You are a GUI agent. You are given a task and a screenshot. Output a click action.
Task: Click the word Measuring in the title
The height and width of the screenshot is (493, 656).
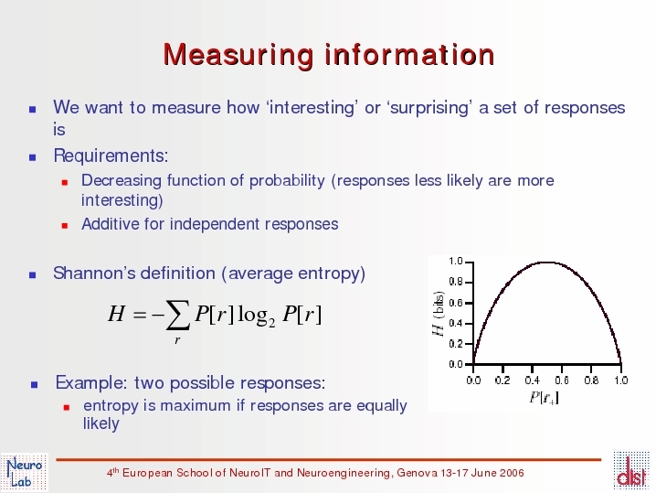click(238, 55)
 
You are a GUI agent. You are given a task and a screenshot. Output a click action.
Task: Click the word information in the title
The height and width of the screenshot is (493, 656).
click(410, 55)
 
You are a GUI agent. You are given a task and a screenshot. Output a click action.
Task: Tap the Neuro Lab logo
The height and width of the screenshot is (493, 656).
click(25, 472)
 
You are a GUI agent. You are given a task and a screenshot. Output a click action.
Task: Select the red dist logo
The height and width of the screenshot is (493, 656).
click(631, 470)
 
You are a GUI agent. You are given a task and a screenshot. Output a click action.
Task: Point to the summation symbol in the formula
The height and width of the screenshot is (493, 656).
click(177, 316)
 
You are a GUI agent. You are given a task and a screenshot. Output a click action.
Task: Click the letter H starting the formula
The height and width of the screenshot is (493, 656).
click(116, 314)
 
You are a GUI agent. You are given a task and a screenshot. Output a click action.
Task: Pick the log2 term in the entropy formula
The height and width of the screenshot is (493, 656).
click(256, 316)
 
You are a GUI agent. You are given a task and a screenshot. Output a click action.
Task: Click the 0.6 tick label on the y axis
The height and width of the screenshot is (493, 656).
click(456, 303)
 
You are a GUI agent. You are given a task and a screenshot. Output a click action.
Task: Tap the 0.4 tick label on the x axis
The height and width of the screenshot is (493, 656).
click(532, 380)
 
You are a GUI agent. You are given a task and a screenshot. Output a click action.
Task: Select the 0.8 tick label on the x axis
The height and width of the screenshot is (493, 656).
click(591, 380)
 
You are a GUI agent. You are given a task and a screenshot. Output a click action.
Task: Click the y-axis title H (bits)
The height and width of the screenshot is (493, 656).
click(438, 314)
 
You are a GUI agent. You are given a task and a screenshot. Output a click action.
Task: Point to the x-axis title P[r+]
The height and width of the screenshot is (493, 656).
click(544, 398)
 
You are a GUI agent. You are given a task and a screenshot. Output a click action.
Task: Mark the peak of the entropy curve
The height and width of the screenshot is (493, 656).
click(546, 263)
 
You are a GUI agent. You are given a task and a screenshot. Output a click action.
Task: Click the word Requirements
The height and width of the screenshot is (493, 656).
click(111, 155)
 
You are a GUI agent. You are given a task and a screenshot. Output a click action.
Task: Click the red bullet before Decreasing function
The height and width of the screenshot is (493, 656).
click(65, 182)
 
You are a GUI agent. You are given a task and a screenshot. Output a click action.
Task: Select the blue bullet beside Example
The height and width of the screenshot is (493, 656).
click(35, 384)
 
